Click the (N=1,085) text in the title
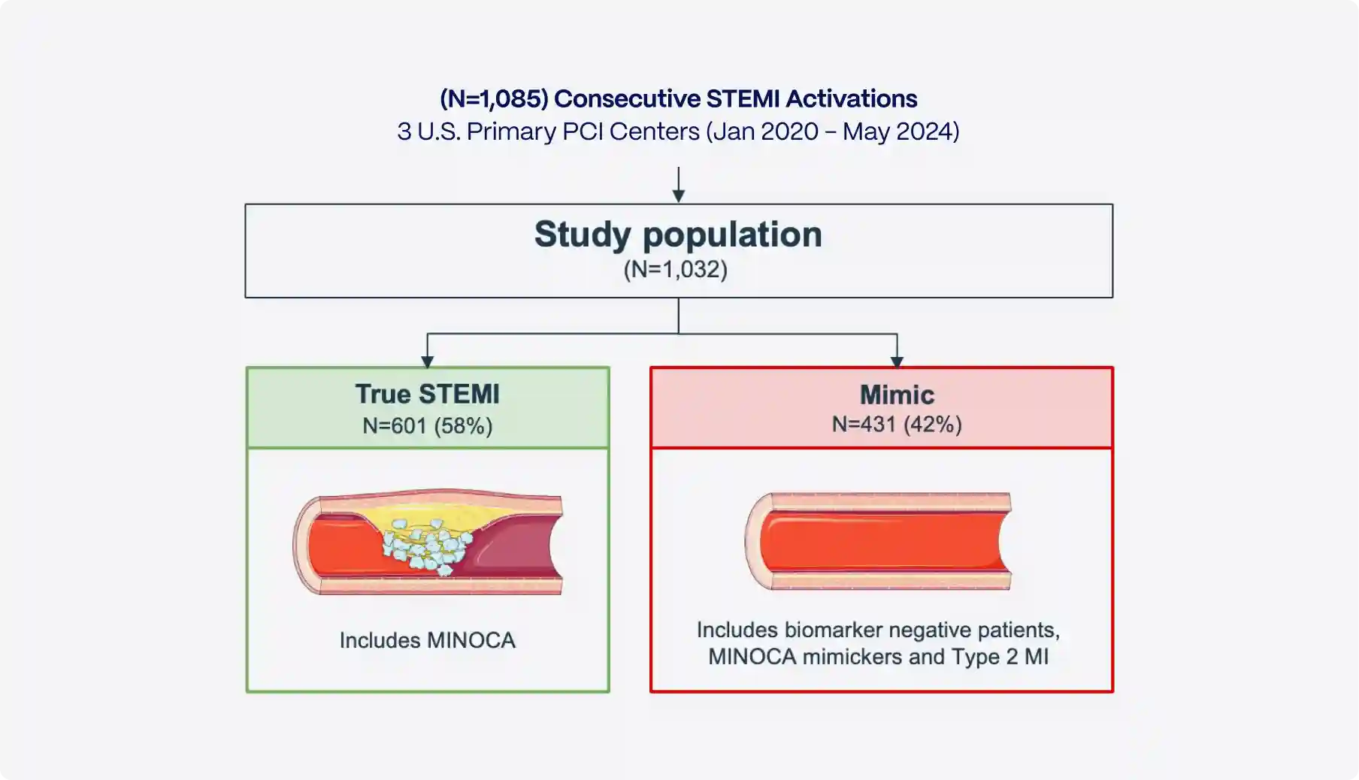click(x=494, y=98)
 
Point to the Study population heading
click(x=678, y=234)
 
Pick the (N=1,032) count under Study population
click(x=675, y=269)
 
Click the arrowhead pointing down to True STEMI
click(x=428, y=361)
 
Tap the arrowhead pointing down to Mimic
click(x=897, y=361)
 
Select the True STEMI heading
click(x=427, y=394)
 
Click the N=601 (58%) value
click(x=427, y=426)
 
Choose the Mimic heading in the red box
click(x=897, y=395)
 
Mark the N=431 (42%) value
click(x=897, y=425)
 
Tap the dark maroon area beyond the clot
click(x=511, y=549)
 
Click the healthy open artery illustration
click(x=879, y=541)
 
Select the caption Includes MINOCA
click(x=427, y=640)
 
